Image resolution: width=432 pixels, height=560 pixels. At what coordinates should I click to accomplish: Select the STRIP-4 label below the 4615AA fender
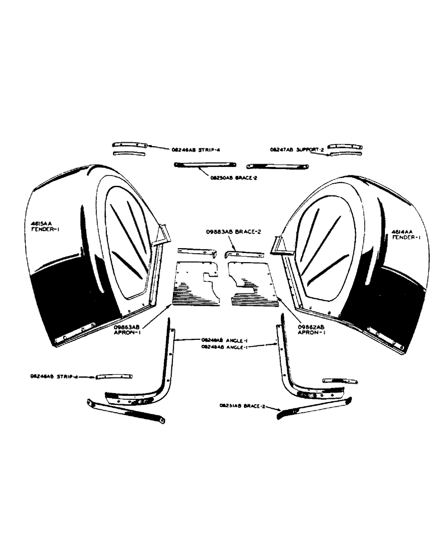click(x=54, y=377)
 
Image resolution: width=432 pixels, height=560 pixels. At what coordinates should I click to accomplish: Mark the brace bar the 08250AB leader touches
click(x=205, y=164)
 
